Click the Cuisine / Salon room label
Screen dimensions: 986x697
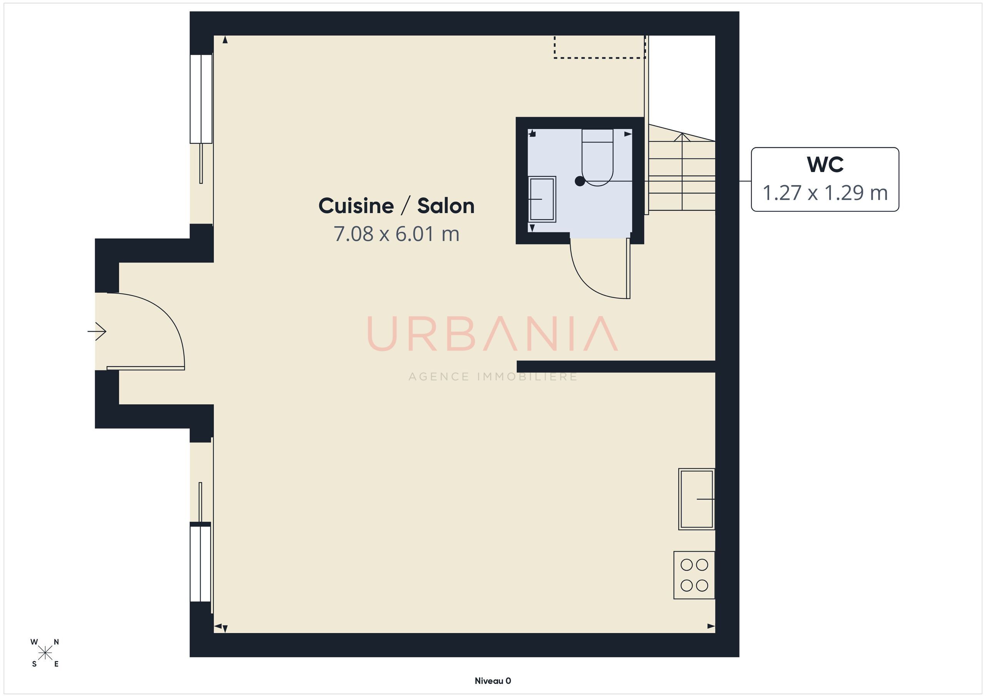click(396, 206)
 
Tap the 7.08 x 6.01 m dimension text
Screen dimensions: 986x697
click(396, 234)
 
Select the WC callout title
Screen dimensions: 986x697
click(825, 164)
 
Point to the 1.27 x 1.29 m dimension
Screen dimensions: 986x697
click(825, 193)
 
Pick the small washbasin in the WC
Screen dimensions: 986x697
click(542, 199)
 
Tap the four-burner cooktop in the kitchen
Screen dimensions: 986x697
click(694, 575)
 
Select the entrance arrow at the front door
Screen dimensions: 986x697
click(97, 331)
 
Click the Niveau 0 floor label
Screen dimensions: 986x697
click(493, 681)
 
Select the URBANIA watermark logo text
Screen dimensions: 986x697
click(493, 334)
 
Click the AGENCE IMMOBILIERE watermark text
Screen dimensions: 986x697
click(493, 377)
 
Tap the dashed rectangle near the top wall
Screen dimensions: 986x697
click(600, 47)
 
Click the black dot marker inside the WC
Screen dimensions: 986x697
click(580, 182)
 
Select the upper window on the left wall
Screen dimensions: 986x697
click(201, 99)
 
